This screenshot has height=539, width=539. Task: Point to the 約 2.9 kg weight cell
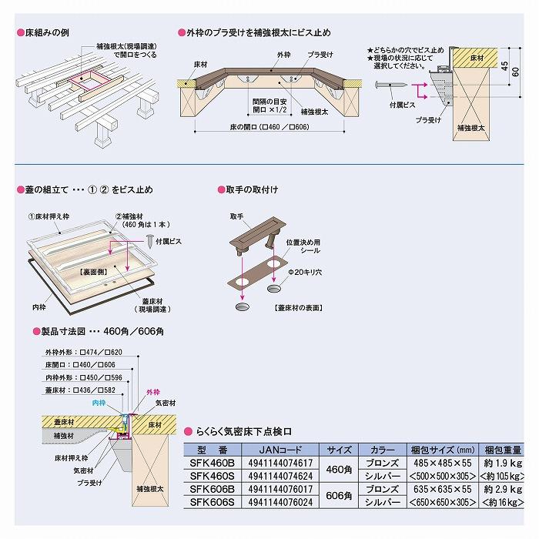(501, 489)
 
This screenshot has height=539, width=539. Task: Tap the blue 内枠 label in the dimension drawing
(99, 403)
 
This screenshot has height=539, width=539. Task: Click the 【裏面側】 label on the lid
(92, 273)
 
